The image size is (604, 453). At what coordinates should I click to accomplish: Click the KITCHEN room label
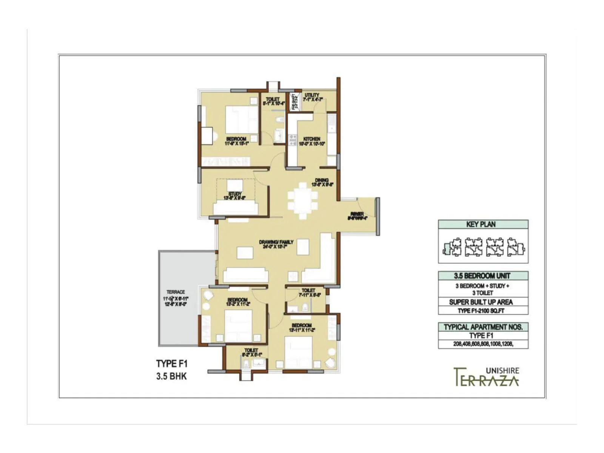pos(312,139)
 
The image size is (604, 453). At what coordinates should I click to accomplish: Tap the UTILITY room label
pos(312,95)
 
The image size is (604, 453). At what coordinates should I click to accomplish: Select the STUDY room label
pos(235,194)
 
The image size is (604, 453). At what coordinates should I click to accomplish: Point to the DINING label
pos(322,180)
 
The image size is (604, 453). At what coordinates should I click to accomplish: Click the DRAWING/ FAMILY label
pos(276,242)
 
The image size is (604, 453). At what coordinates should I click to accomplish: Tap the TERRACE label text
pos(176,292)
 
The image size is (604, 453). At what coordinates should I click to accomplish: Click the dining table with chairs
pos(302,200)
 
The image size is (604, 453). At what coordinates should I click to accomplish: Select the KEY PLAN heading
pos(481,224)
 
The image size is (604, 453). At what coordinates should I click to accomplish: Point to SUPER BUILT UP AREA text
pos(481,302)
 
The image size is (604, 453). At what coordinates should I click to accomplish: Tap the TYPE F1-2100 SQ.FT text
pos(481,311)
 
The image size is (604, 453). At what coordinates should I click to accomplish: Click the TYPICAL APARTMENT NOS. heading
pos(483,327)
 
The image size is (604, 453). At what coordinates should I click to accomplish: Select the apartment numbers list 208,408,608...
pos(483,344)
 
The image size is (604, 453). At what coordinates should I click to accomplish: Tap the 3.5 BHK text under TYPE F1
pos(171,376)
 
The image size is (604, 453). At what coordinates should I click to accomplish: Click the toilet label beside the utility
pos(273,99)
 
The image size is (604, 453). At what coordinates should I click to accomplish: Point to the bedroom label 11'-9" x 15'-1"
pos(236,141)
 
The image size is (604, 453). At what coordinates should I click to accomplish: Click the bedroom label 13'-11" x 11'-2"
pos(302,327)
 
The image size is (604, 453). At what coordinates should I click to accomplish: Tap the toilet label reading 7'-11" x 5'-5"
pos(308,293)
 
